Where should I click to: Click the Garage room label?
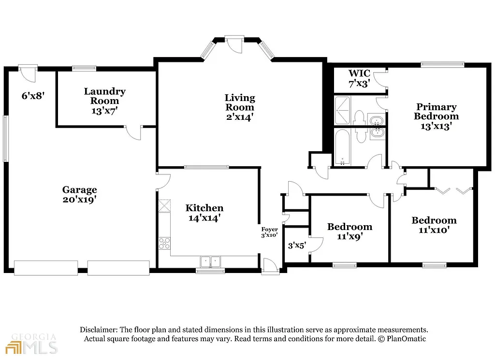[x=79, y=190]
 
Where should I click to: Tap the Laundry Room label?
[x=104, y=96]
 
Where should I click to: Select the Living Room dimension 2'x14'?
[x=240, y=116]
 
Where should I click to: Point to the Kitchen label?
[x=204, y=208]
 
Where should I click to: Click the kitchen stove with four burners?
[x=164, y=243]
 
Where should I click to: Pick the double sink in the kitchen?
[x=210, y=261]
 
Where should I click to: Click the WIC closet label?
[x=359, y=73]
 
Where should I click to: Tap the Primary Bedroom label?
[x=436, y=112]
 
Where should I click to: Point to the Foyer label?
[x=269, y=230]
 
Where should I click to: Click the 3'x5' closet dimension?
[x=297, y=245]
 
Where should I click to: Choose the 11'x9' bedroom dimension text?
[x=349, y=236]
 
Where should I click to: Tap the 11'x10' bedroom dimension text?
[x=434, y=230]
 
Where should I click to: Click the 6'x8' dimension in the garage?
[x=33, y=96]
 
